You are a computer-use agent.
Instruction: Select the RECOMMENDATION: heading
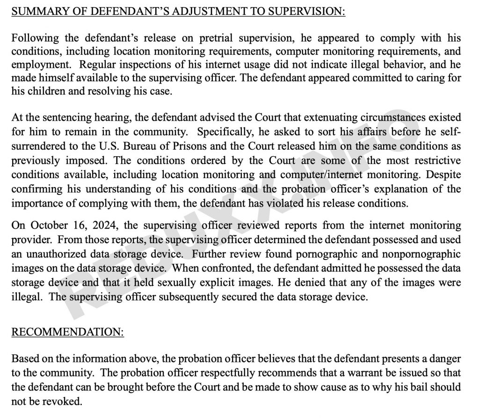(67, 332)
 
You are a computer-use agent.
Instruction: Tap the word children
(48, 91)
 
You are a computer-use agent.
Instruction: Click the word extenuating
(317, 117)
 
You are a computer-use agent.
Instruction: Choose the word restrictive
(432, 161)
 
